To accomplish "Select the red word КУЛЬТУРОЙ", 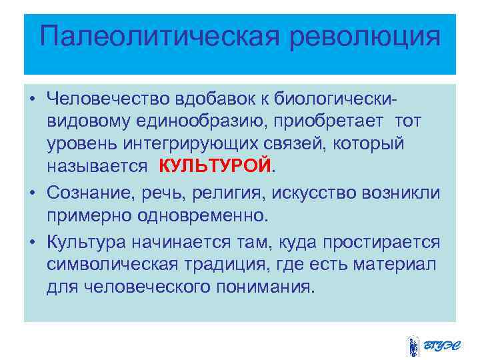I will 215,165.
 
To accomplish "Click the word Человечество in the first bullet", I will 106,99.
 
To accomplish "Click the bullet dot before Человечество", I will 32,100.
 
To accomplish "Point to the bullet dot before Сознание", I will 32,194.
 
